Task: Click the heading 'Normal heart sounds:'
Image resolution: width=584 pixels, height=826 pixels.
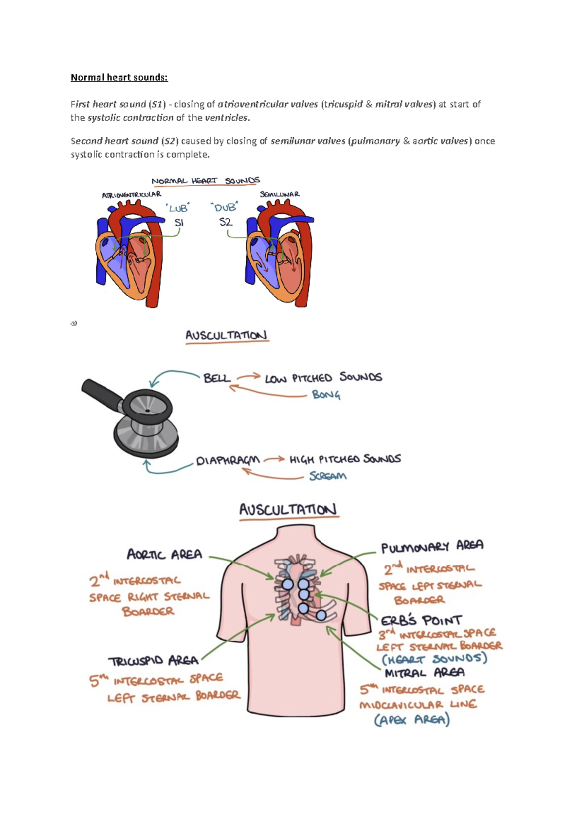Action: tap(119, 77)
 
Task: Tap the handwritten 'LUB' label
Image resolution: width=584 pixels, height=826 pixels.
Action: tap(178, 208)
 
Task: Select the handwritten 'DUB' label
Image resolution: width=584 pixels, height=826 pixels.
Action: tap(225, 207)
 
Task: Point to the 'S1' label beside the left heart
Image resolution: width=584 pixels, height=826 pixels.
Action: tap(179, 223)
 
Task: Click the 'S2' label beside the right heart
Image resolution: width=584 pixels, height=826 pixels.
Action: tap(225, 222)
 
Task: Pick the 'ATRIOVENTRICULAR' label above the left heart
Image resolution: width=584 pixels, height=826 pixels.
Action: tap(131, 195)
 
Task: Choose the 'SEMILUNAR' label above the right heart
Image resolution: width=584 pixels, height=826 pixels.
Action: tap(280, 194)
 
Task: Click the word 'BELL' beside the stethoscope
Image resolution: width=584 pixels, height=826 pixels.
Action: tap(217, 378)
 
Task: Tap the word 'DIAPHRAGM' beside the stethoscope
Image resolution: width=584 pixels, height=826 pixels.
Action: tap(228, 460)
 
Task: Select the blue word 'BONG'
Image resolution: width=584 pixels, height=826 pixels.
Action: tap(326, 395)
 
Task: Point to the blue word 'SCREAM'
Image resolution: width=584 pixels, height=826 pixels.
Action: tap(328, 476)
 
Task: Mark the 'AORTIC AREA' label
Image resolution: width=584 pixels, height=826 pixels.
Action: tap(164, 554)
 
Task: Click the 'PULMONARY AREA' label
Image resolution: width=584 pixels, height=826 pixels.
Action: tap(432, 546)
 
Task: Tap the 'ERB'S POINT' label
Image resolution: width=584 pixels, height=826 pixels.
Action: tap(421, 621)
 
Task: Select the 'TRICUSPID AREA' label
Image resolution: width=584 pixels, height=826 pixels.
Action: tap(153, 661)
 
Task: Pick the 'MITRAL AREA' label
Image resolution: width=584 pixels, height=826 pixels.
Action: tap(424, 673)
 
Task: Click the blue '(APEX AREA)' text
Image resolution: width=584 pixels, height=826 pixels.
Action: tap(412, 720)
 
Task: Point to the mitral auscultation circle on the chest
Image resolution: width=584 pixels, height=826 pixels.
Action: tap(321, 615)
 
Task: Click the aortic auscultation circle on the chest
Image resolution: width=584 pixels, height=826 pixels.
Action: tap(288, 584)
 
